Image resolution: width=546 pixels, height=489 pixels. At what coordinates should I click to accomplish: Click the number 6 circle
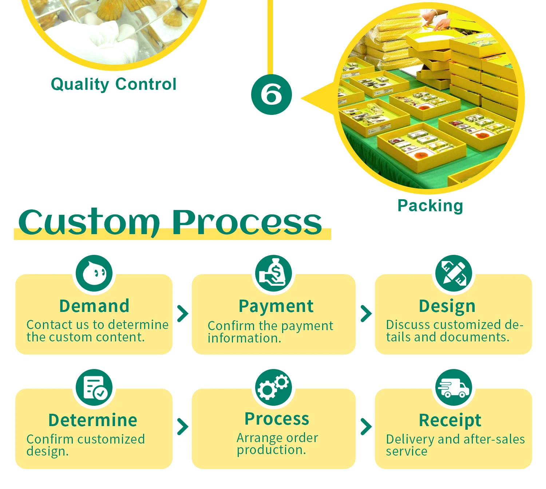[x=271, y=95]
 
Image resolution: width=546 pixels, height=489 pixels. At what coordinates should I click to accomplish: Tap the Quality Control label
[x=114, y=84]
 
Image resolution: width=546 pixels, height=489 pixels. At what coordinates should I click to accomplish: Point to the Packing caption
[x=430, y=205]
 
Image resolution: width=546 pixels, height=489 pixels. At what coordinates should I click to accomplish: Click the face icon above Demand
[x=94, y=273]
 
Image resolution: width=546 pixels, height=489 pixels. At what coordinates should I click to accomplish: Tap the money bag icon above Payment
[x=273, y=273]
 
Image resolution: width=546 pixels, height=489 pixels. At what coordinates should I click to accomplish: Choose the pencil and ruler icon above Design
[x=454, y=273]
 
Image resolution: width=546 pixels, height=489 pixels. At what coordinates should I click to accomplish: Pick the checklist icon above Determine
[x=94, y=388]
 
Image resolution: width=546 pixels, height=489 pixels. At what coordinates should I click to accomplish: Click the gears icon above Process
[x=273, y=388]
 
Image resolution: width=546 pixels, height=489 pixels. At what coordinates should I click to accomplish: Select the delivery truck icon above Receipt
[x=454, y=388]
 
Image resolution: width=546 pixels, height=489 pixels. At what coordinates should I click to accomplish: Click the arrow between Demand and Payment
[x=182, y=313]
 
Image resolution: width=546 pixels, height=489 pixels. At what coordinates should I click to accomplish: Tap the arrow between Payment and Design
[x=366, y=313]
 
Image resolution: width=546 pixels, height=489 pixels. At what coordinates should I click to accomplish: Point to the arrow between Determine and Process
[x=182, y=426]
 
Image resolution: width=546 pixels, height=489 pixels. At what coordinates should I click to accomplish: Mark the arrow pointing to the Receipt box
[x=366, y=426]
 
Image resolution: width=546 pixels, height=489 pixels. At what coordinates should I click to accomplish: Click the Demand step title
[x=94, y=306]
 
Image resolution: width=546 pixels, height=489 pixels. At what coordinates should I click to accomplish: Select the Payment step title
[x=276, y=306]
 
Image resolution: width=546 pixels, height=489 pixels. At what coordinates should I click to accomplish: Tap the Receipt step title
[x=450, y=420]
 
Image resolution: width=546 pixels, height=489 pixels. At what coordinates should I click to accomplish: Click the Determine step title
[x=93, y=420]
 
